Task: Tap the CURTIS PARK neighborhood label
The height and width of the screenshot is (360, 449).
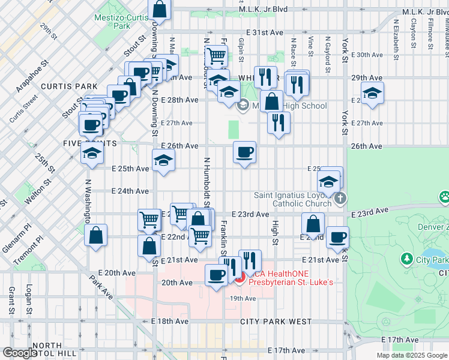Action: point(65,86)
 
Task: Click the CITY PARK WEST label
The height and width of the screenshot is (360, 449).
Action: point(276,322)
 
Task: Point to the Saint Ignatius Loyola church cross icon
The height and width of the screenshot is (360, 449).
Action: point(340,199)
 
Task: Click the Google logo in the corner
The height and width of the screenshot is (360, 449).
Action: point(19,353)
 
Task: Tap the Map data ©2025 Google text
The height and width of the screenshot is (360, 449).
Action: point(412,355)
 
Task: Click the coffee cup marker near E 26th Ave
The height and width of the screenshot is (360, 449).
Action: point(244,153)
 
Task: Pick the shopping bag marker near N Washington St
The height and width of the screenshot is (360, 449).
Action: point(96,236)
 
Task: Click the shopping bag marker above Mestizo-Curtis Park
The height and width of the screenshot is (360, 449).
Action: point(160,9)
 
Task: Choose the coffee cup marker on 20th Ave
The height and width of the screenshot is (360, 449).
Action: point(216,276)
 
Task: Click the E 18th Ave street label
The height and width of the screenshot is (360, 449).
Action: point(170,322)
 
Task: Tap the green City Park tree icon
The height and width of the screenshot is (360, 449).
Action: point(408,259)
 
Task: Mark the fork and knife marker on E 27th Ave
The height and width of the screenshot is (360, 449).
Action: point(278,123)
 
